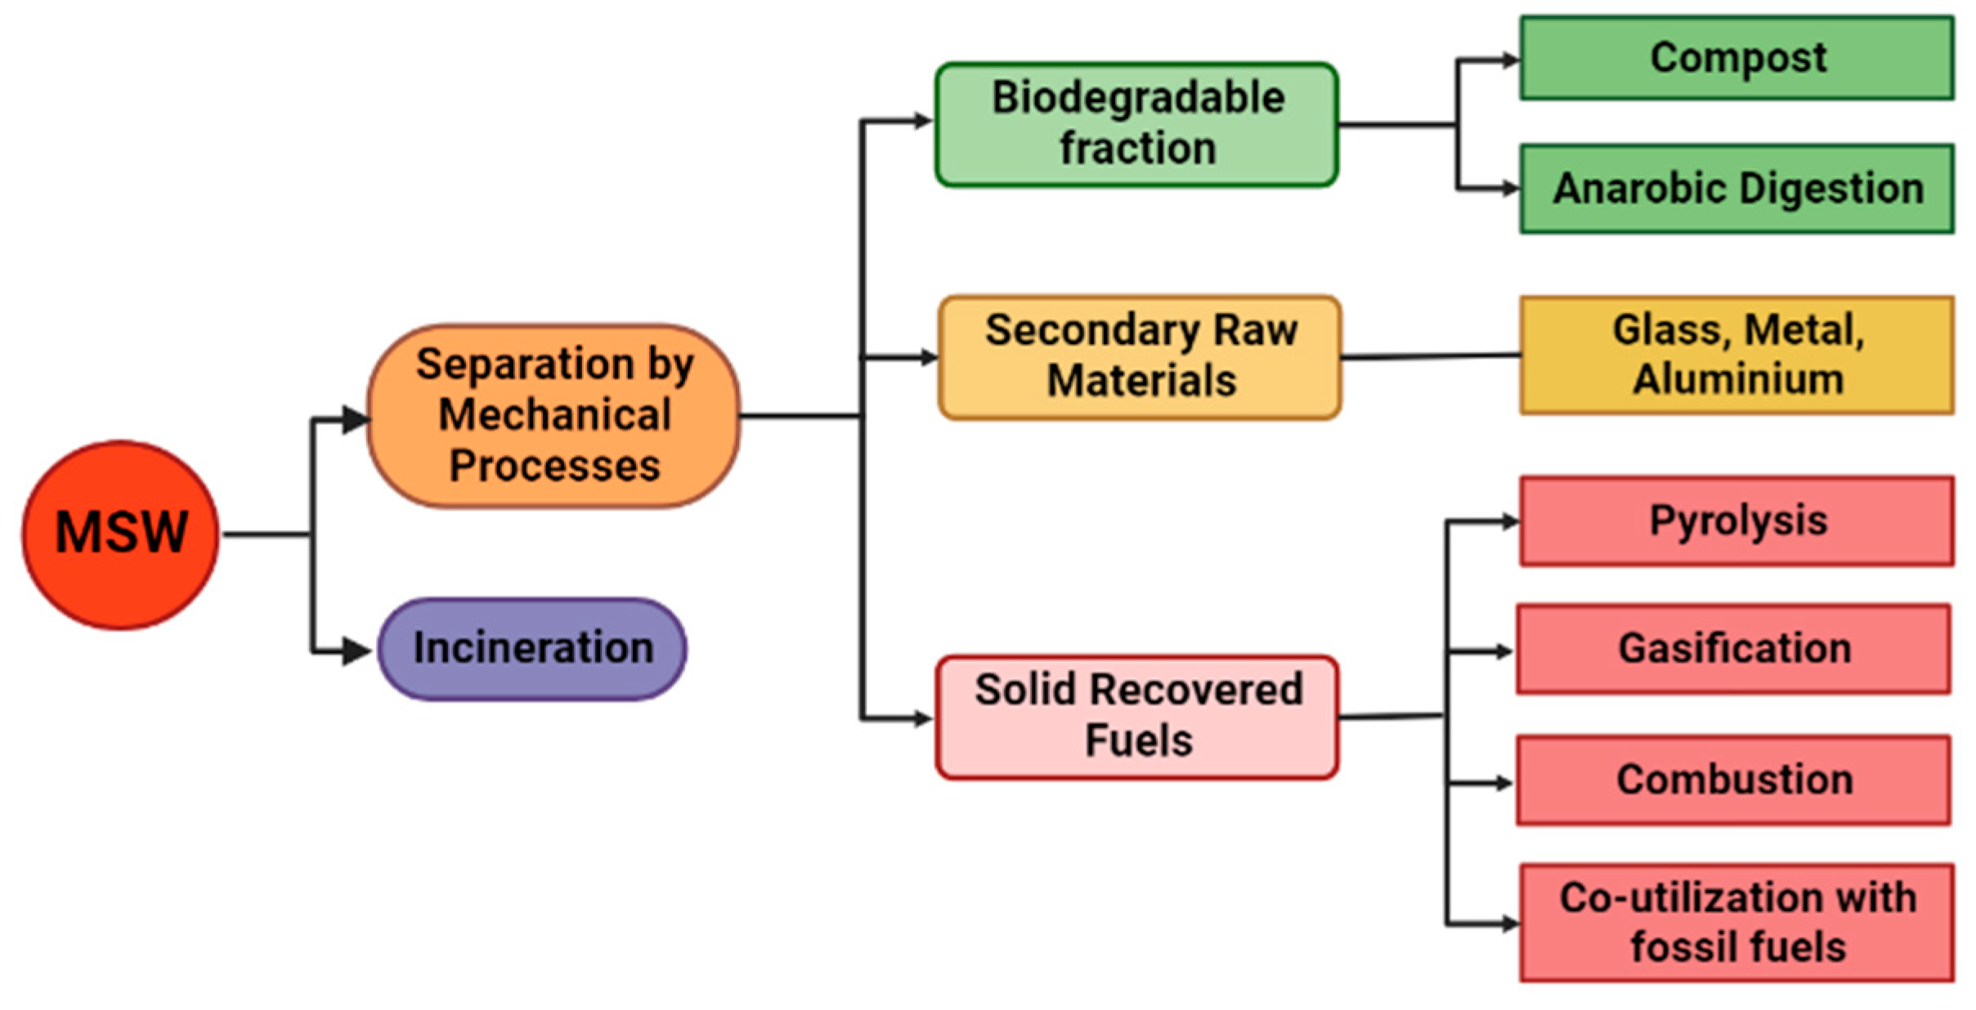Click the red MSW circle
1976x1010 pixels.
120,535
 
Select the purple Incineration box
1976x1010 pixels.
532,649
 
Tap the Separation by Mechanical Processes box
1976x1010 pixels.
554,416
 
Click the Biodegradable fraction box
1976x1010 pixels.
1136,124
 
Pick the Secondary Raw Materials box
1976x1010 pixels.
1140,357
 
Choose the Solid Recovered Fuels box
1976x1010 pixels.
1137,717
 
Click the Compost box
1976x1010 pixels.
1736,58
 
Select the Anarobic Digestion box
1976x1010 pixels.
1736,189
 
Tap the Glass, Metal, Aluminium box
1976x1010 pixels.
1736,355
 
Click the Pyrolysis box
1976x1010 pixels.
1736,521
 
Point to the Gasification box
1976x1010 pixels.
1733,649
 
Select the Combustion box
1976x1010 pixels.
1733,780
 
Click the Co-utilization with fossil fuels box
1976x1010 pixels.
1736,923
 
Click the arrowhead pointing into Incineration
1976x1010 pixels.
356,651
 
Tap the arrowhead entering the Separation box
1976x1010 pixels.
355,419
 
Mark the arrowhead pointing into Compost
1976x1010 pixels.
1509,60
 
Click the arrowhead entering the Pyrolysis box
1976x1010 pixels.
1509,521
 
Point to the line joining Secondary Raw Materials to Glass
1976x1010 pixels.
1431,356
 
